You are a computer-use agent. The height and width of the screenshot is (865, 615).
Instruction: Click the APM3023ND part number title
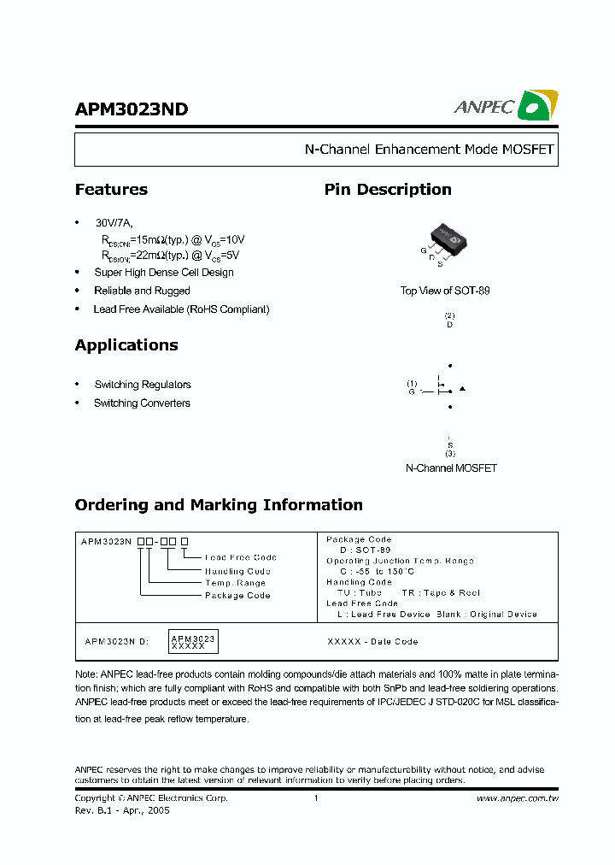pos(132,109)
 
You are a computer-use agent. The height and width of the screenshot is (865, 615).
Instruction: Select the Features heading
pos(111,190)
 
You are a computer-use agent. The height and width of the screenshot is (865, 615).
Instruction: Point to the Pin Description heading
pos(388,190)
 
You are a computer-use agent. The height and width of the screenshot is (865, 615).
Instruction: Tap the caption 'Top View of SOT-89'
pos(445,291)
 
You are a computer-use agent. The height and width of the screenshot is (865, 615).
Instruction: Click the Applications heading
pos(126,345)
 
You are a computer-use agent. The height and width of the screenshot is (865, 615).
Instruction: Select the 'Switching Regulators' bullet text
pos(143,385)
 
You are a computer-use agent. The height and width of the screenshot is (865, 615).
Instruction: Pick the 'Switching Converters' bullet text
pos(142,403)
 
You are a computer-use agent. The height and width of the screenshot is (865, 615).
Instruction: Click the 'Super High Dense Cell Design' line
pos(164,273)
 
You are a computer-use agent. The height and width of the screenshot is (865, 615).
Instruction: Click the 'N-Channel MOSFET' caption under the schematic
pos(450,468)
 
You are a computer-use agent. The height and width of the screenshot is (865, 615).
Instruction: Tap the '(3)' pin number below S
pos(450,453)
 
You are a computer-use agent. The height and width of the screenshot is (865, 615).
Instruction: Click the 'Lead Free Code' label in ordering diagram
pos(241,557)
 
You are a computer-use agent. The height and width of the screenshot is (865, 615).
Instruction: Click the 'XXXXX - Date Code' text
pos(372,641)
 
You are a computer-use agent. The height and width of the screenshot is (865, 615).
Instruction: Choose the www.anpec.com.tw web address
pos(517,798)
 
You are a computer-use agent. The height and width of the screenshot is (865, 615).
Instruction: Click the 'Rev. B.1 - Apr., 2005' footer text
pos(122,810)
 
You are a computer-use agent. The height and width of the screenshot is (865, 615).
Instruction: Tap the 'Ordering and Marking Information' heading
pos(219,505)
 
